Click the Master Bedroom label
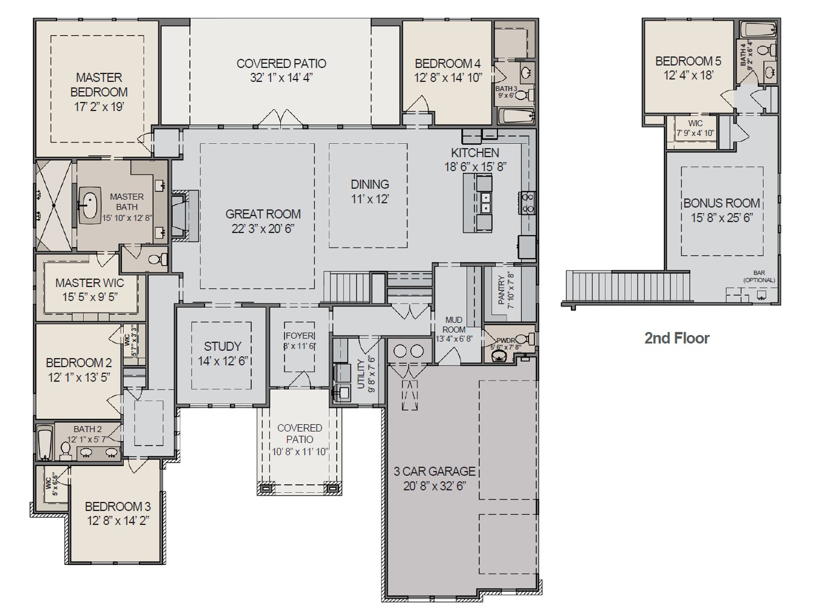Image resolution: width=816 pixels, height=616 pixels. tap(99, 85)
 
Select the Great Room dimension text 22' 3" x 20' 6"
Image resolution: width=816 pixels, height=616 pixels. tap(263, 228)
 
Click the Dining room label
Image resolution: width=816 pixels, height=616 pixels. tap(369, 184)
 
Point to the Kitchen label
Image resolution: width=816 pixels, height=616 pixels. tap(475, 153)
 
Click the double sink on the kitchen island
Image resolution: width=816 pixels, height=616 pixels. tap(485, 203)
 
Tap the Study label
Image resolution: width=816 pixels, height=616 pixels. tap(222, 347)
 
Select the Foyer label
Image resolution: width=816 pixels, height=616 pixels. tap(300, 336)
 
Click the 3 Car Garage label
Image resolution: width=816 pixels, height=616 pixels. tap(434, 472)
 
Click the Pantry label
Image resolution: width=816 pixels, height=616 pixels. tap(501, 289)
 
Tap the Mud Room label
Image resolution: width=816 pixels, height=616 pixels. tap(453, 324)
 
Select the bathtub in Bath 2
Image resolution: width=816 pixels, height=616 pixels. tap(44, 444)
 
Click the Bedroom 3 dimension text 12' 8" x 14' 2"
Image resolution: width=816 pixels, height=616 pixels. tap(118, 521)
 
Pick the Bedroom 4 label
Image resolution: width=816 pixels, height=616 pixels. tap(448, 64)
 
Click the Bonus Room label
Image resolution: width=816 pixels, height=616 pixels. tap(721, 203)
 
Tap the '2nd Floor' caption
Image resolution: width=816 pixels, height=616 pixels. tap(676, 338)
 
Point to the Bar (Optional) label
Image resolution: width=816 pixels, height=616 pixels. tap(759, 277)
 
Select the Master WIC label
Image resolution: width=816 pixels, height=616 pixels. tap(90, 283)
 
